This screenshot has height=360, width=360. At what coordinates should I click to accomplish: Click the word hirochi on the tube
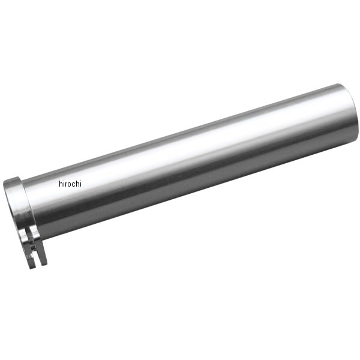coord(70,184)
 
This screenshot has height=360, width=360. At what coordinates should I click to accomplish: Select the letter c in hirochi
coord(73,185)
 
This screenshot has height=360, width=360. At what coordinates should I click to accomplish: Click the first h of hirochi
coord(61,184)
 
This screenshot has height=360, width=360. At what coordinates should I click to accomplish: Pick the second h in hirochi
coord(77,184)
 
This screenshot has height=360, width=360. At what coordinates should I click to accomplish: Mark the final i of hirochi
coord(80,184)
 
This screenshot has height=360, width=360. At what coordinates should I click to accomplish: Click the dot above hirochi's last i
coord(80,181)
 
